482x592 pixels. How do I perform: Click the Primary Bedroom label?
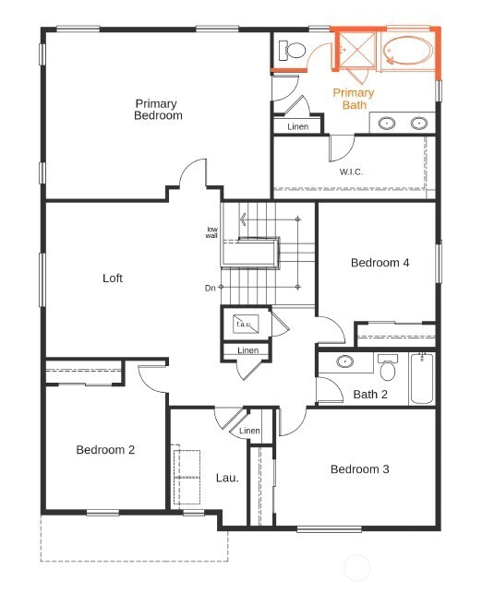[158, 110]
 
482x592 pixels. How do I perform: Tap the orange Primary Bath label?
[354, 99]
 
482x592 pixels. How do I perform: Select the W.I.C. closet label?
[350, 171]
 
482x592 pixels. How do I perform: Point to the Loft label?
[112, 278]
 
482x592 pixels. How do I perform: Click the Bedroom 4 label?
[380, 263]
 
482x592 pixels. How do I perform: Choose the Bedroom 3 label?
[359, 469]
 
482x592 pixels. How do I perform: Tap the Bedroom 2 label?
[105, 450]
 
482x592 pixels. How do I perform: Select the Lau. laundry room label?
[227, 478]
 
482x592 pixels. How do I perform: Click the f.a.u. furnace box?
[245, 325]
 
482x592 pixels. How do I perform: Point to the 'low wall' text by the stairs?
[212, 232]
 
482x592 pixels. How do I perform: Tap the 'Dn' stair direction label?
[210, 289]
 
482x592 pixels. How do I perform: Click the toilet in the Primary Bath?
[296, 51]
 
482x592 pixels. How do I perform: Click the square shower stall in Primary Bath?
[355, 50]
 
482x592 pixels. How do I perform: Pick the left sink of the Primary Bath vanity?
[387, 122]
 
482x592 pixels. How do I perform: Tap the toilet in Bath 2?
[388, 370]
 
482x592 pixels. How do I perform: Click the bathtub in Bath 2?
[422, 379]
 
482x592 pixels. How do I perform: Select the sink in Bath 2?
[345, 361]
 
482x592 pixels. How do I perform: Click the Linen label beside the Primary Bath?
[297, 126]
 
